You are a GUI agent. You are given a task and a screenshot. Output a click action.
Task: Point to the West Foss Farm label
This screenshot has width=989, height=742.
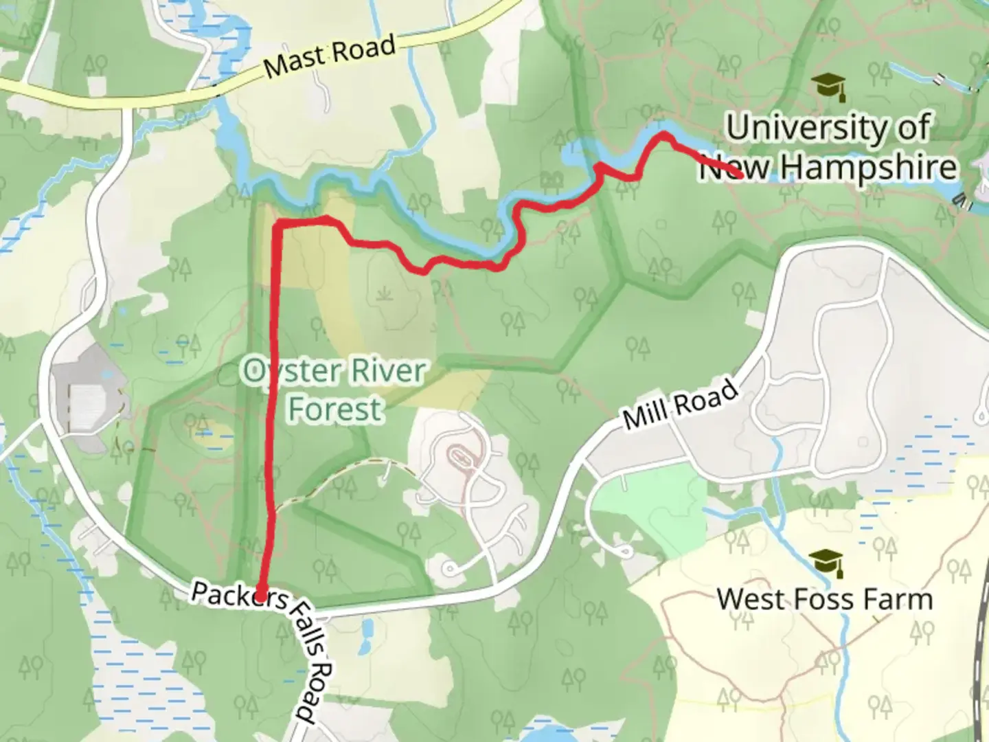(825, 599)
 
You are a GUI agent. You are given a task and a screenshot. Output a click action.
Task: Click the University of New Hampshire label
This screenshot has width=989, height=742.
(828, 147)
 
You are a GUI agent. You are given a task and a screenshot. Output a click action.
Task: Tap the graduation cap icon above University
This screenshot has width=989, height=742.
(828, 87)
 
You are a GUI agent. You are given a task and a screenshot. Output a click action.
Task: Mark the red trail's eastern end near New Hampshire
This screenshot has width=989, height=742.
(741, 175)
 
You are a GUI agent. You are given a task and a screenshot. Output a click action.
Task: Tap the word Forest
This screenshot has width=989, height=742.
(334, 409)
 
